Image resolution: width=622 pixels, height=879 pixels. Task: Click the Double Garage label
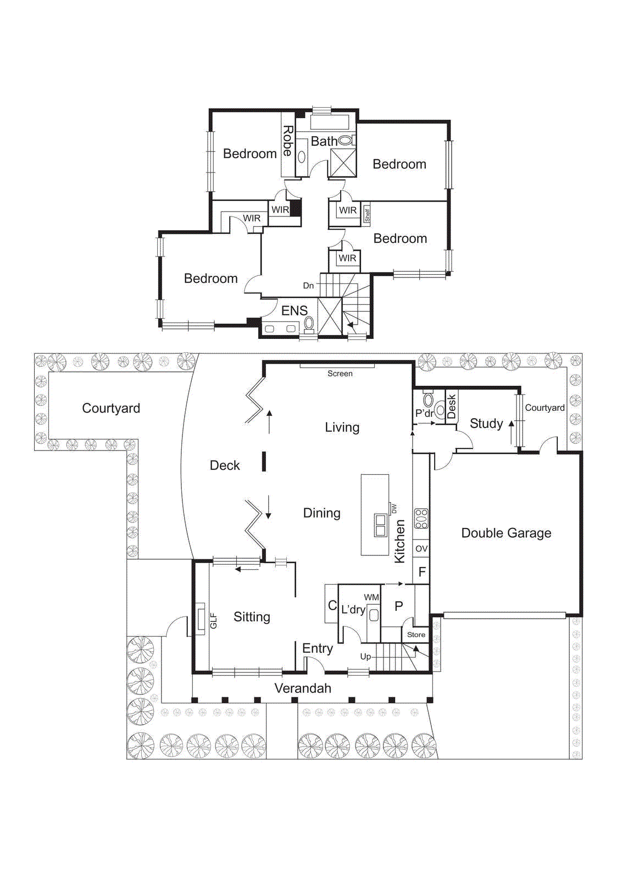(x=506, y=533)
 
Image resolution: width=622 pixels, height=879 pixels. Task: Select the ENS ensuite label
(x=295, y=310)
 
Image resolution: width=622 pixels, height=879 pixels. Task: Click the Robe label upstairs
(x=288, y=141)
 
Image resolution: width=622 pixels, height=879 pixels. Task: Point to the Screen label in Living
(x=340, y=374)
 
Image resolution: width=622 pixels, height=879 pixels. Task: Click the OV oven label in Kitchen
(x=421, y=549)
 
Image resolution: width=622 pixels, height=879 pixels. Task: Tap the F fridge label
(x=422, y=572)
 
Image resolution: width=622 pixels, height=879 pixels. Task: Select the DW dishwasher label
(x=395, y=509)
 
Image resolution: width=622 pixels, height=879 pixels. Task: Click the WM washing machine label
(x=371, y=597)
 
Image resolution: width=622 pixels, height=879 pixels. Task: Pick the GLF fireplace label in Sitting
(x=214, y=621)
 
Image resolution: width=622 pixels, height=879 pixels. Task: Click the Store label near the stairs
(x=416, y=635)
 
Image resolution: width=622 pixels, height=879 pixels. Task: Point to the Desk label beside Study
(x=452, y=407)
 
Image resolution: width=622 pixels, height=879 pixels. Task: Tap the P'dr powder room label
(x=425, y=413)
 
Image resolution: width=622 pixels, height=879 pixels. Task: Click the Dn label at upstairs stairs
(x=308, y=286)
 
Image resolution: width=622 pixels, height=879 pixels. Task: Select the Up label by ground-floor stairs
(x=365, y=657)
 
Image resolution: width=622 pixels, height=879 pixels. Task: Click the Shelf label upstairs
(x=367, y=215)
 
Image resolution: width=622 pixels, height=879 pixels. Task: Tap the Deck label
(x=225, y=465)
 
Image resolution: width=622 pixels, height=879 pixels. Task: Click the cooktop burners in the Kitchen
(x=421, y=519)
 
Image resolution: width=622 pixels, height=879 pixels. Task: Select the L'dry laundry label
(x=353, y=609)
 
